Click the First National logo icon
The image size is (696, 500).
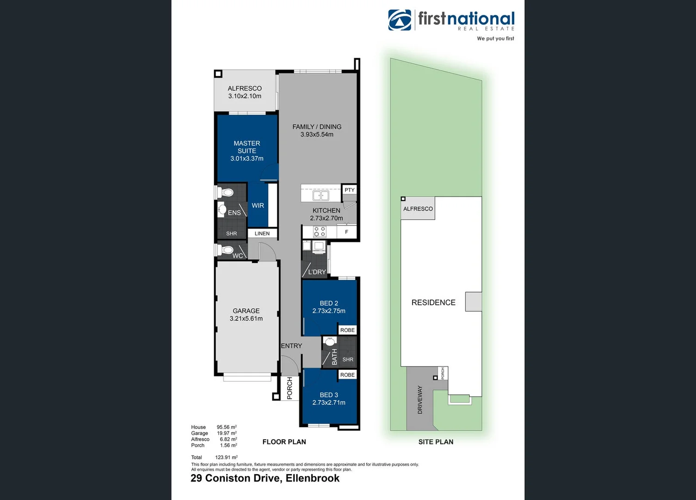click(400, 20)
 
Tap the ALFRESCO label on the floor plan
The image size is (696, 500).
click(245, 88)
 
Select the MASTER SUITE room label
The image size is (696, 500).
click(247, 147)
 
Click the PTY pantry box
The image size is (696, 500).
click(350, 190)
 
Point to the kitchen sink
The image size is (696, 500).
click(320, 195)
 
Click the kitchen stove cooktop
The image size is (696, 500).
click(320, 231)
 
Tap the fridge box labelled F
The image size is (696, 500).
click(346, 231)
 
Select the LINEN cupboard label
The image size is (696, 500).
click(262, 233)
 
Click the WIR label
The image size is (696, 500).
click(258, 206)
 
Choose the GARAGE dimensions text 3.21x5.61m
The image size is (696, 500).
click(246, 319)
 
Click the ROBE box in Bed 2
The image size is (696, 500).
click(347, 330)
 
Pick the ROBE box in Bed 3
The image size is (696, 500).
click(347, 375)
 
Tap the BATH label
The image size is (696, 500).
click(334, 356)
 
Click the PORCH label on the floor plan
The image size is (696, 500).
click(290, 387)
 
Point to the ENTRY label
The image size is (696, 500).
click(291, 346)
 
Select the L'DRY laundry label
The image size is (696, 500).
click(317, 272)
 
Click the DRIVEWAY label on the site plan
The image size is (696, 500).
click(420, 400)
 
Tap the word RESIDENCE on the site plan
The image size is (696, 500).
click(433, 302)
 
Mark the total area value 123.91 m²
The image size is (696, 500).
click(226, 457)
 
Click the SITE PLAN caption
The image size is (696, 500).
click(436, 442)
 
